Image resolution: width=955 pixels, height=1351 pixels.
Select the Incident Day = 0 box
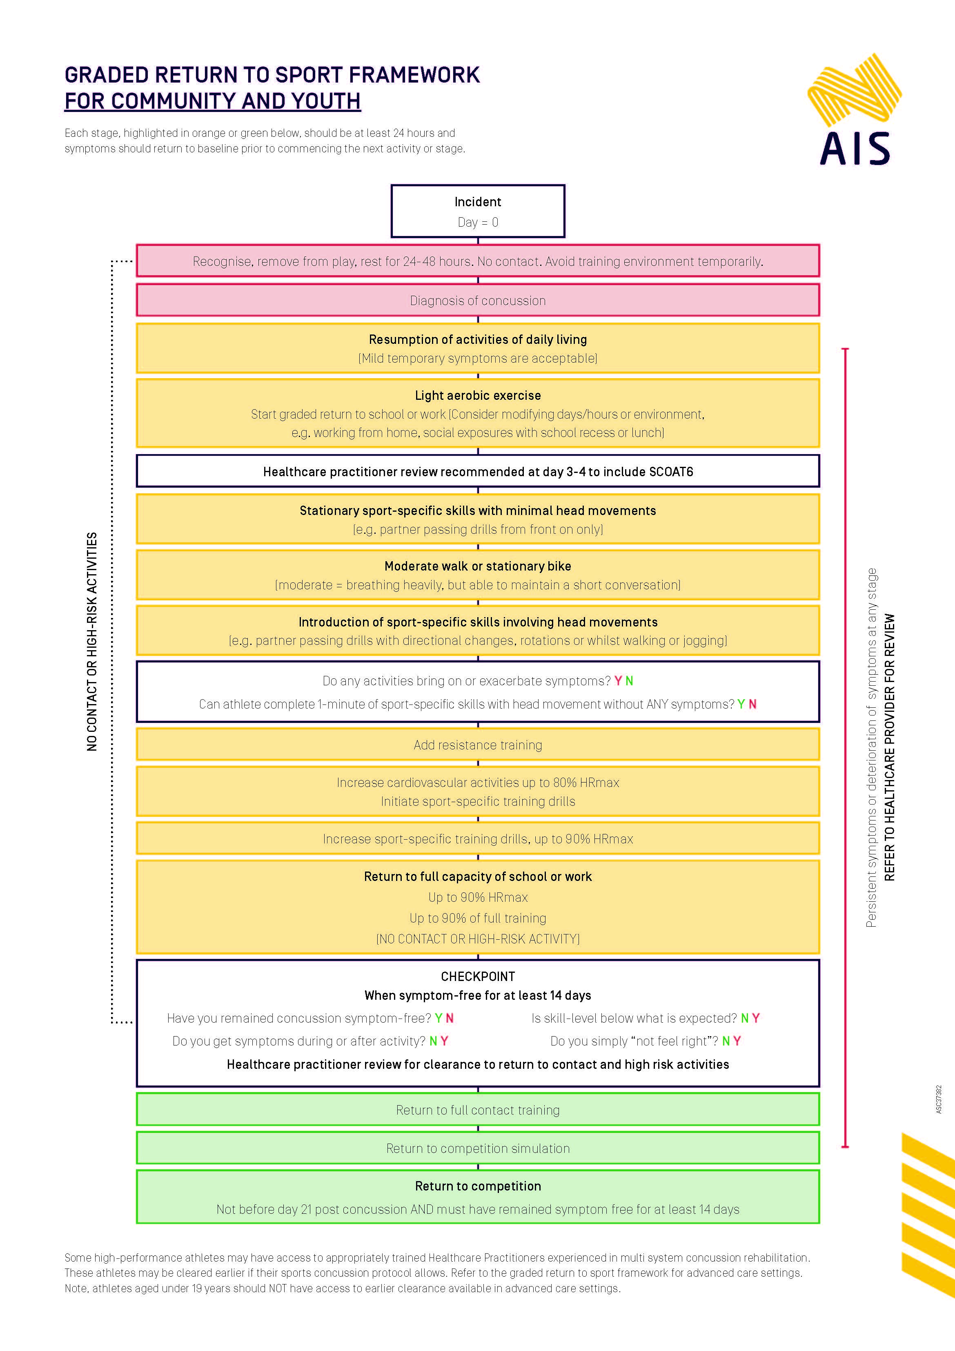coord(477,211)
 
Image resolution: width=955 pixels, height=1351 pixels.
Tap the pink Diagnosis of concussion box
coord(477,301)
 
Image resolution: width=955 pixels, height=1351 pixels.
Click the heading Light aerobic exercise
coord(477,395)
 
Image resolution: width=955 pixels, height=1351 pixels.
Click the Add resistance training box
coord(477,745)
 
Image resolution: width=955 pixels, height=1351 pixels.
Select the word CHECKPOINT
coord(477,976)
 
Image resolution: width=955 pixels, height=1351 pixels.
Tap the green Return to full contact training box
coord(477,1110)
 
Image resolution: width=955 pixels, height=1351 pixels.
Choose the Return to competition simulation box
coord(477,1148)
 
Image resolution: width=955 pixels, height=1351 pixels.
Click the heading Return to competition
coord(477,1186)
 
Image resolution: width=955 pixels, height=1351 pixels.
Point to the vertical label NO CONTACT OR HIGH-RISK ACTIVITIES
coord(92,641)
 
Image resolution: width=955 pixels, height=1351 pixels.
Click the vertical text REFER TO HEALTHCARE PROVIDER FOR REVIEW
coord(889,747)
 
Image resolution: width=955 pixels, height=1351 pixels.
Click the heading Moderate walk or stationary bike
coord(477,566)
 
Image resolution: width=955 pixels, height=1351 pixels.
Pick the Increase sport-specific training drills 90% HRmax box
coord(477,839)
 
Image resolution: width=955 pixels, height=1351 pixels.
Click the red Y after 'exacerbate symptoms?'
coord(618,681)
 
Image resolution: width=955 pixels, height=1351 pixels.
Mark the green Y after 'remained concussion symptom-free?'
coord(439,1018)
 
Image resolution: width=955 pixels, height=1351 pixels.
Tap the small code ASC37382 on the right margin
coord(939,1099)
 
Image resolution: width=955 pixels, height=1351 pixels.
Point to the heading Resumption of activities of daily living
coord(477,339)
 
